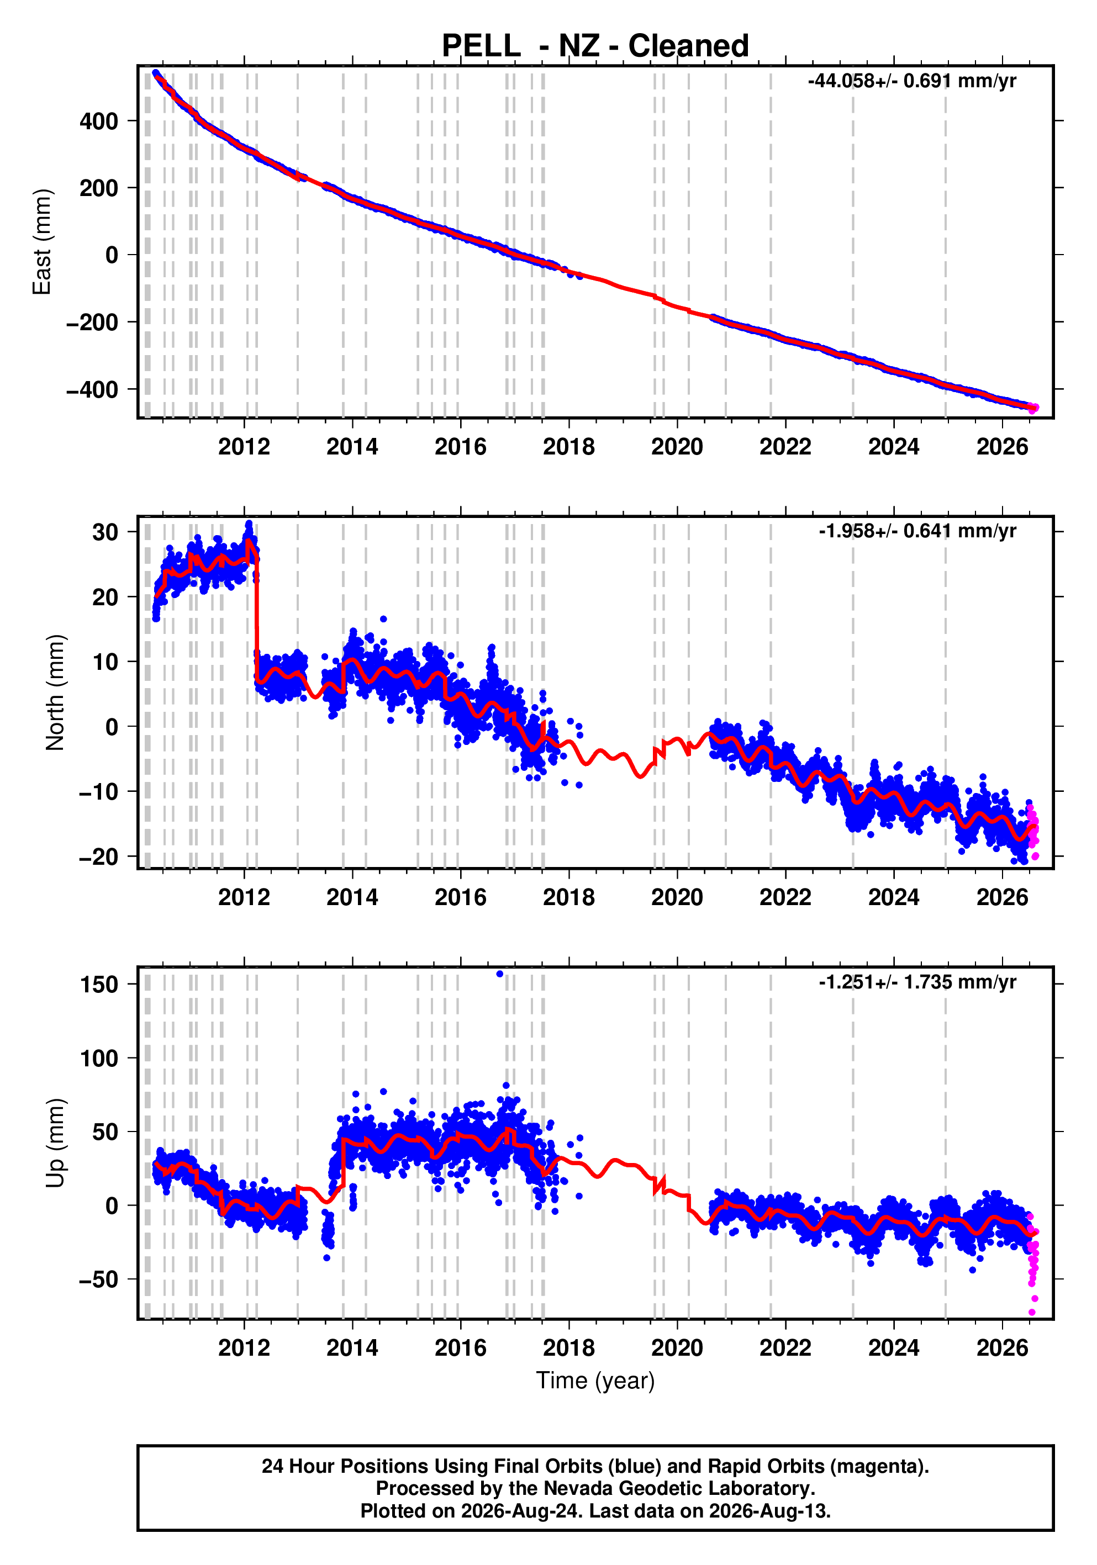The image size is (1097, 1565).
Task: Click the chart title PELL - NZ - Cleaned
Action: point(595,46)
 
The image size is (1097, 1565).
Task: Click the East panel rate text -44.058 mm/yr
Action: point(911,81)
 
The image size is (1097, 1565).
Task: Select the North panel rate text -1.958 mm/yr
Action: point(917,531)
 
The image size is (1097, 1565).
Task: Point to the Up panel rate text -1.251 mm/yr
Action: point(917,982)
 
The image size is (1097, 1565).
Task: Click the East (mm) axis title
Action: point(41,242)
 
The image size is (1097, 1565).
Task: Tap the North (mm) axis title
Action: point(55,692)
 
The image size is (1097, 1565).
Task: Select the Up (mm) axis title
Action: point(55,1143)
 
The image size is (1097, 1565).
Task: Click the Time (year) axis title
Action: point(595,1380)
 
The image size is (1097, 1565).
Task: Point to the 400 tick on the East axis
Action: point(99,121)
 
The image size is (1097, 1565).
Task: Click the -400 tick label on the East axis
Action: point(92,390)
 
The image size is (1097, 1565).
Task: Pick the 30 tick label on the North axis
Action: point(106,532)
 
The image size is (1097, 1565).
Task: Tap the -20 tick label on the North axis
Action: point(99,857)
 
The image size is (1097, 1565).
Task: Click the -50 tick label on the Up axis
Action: point(99,1280)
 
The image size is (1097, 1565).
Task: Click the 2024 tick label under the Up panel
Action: point(893,1347)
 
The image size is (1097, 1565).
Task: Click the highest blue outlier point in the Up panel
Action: point(500,974)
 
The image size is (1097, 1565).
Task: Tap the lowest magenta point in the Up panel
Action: point(1032,1312)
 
